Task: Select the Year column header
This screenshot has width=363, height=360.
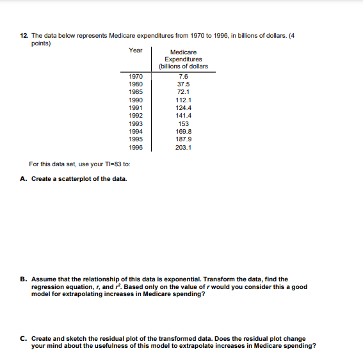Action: (x=136, y=49)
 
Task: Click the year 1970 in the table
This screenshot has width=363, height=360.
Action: (x=136, y=77)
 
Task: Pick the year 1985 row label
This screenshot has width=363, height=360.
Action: (x=136, y=92)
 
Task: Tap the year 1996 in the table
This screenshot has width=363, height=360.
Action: (x=136, y=146)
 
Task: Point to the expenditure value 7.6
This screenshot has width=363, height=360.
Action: (x=184, y=77)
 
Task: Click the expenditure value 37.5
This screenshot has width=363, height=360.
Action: (x=184, y=84)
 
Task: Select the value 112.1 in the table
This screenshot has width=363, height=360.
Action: (x=184, y=100)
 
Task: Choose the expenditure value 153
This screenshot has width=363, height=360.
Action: (x=184, y=123)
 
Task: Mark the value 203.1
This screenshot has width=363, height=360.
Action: (x=184, y=146)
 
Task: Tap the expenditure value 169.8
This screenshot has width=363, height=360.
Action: (x=184, y=131)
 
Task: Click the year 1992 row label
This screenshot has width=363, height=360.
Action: (x=136, y=116)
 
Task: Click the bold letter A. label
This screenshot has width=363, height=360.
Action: (x=24, y=178)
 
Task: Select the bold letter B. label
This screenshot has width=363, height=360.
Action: (x=24, y=279)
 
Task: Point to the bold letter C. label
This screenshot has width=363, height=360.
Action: (x=24, y=338)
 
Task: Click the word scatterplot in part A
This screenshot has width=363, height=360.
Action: (x=72, y=178)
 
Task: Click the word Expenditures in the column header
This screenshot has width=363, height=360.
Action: (x=184, y=59)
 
